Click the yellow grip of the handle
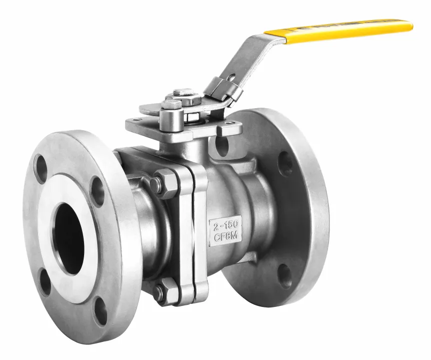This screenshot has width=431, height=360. pos(338,30)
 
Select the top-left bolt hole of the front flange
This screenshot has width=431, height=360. pos(41,168)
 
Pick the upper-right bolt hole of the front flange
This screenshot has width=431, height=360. pos(97,191)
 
